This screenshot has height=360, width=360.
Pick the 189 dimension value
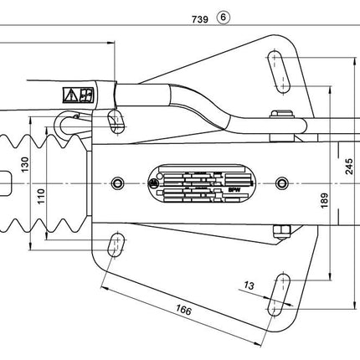[323, 198]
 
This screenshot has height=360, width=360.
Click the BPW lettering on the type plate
[230, 191]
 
